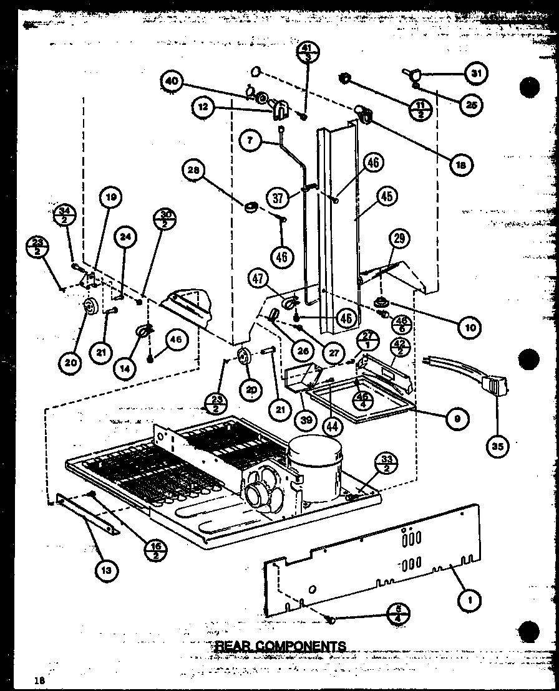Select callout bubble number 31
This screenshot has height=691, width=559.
click(476, 74)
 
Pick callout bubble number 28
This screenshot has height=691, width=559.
click(195, 170)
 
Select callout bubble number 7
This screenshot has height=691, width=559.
click(250, 141)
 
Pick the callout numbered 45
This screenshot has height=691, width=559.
click(387, 198)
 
